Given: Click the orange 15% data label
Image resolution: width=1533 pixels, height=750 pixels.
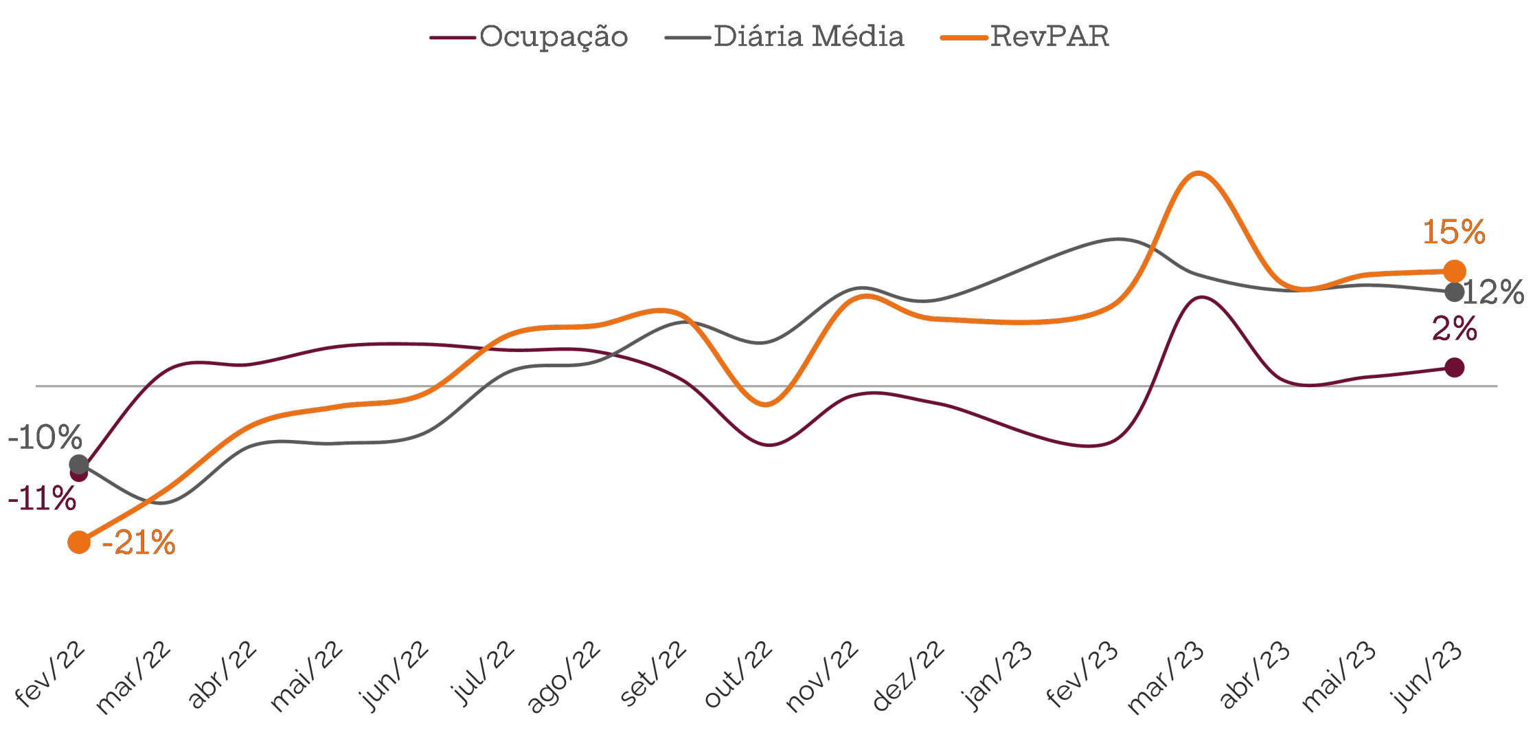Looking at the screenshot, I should (1453, 232).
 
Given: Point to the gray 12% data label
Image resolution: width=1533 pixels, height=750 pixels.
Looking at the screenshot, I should (1495, 293).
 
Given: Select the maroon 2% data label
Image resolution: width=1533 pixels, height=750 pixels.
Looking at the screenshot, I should (1454, 329).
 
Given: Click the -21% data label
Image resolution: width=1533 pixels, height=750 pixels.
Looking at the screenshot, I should (139, 543).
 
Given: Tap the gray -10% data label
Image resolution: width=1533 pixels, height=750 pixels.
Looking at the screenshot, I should (45, 437).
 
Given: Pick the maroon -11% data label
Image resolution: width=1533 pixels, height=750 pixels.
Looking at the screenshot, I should (42, 498).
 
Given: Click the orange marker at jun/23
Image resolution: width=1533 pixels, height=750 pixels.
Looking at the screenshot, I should (1454, 272).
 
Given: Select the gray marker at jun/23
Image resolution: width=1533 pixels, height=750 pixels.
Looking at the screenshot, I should (1454, 292).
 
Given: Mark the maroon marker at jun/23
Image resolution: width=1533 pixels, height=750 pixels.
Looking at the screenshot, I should (1454, 368).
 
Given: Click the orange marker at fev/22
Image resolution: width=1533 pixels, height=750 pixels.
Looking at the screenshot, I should (79, 542).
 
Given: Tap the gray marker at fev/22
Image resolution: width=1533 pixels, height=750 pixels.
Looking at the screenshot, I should (79, 464).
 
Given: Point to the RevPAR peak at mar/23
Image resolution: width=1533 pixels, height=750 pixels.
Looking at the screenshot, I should (1198, 173).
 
